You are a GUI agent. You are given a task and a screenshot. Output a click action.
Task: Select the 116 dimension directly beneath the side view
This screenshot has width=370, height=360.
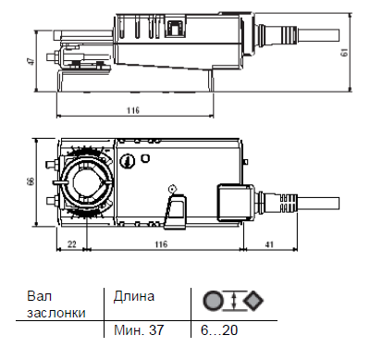(132, 110)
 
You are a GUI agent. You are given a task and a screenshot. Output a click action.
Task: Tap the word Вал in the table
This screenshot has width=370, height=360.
(38, 297)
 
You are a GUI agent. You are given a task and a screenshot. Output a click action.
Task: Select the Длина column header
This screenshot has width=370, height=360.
(134, 297)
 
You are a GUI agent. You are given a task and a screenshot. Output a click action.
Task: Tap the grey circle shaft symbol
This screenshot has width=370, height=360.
(211, 301)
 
